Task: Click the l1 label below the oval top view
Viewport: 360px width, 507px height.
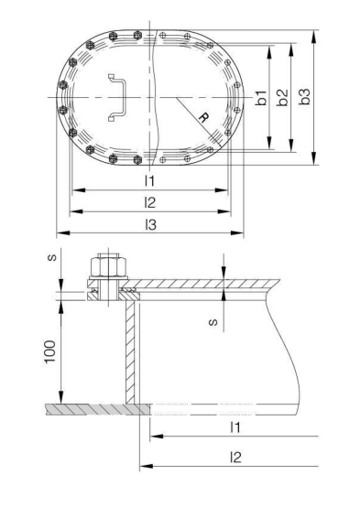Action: [x=149, y=180]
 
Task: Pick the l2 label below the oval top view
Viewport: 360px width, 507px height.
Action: [x=149, y=201]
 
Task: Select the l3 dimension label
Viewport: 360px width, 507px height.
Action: [x=149, y=223]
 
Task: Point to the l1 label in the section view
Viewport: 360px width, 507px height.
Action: [x=234, y=427]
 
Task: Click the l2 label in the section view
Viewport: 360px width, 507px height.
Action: [x=235, y=457]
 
